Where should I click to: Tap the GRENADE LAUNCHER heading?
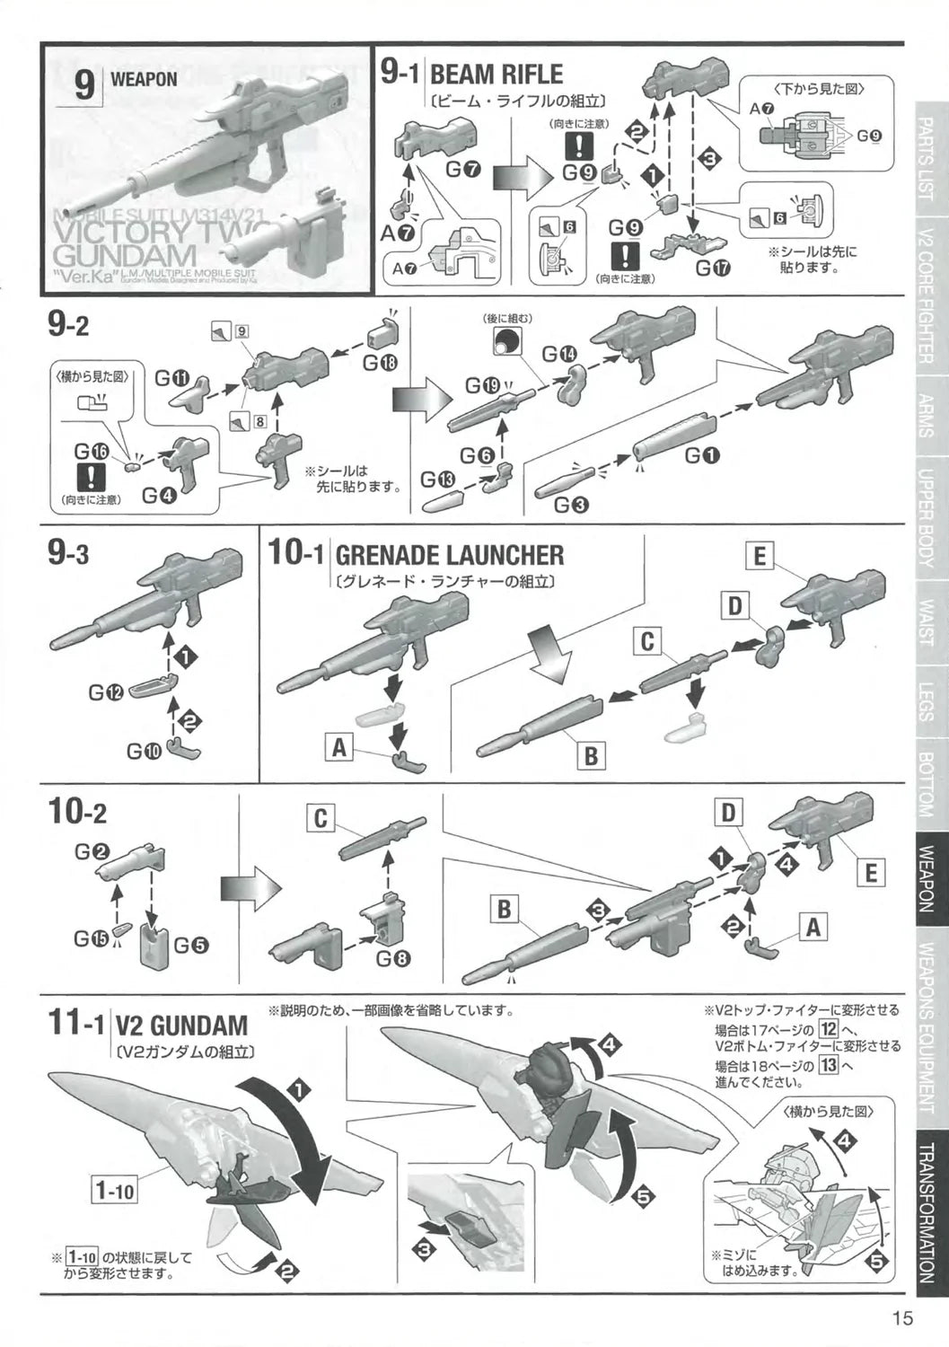449,555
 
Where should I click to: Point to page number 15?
902,1318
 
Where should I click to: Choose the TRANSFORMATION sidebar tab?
931,1213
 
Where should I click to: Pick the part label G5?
190,945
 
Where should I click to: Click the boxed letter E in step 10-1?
759,557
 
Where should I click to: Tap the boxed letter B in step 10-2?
504,910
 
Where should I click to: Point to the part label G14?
558,356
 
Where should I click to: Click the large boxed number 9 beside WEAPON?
83,85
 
